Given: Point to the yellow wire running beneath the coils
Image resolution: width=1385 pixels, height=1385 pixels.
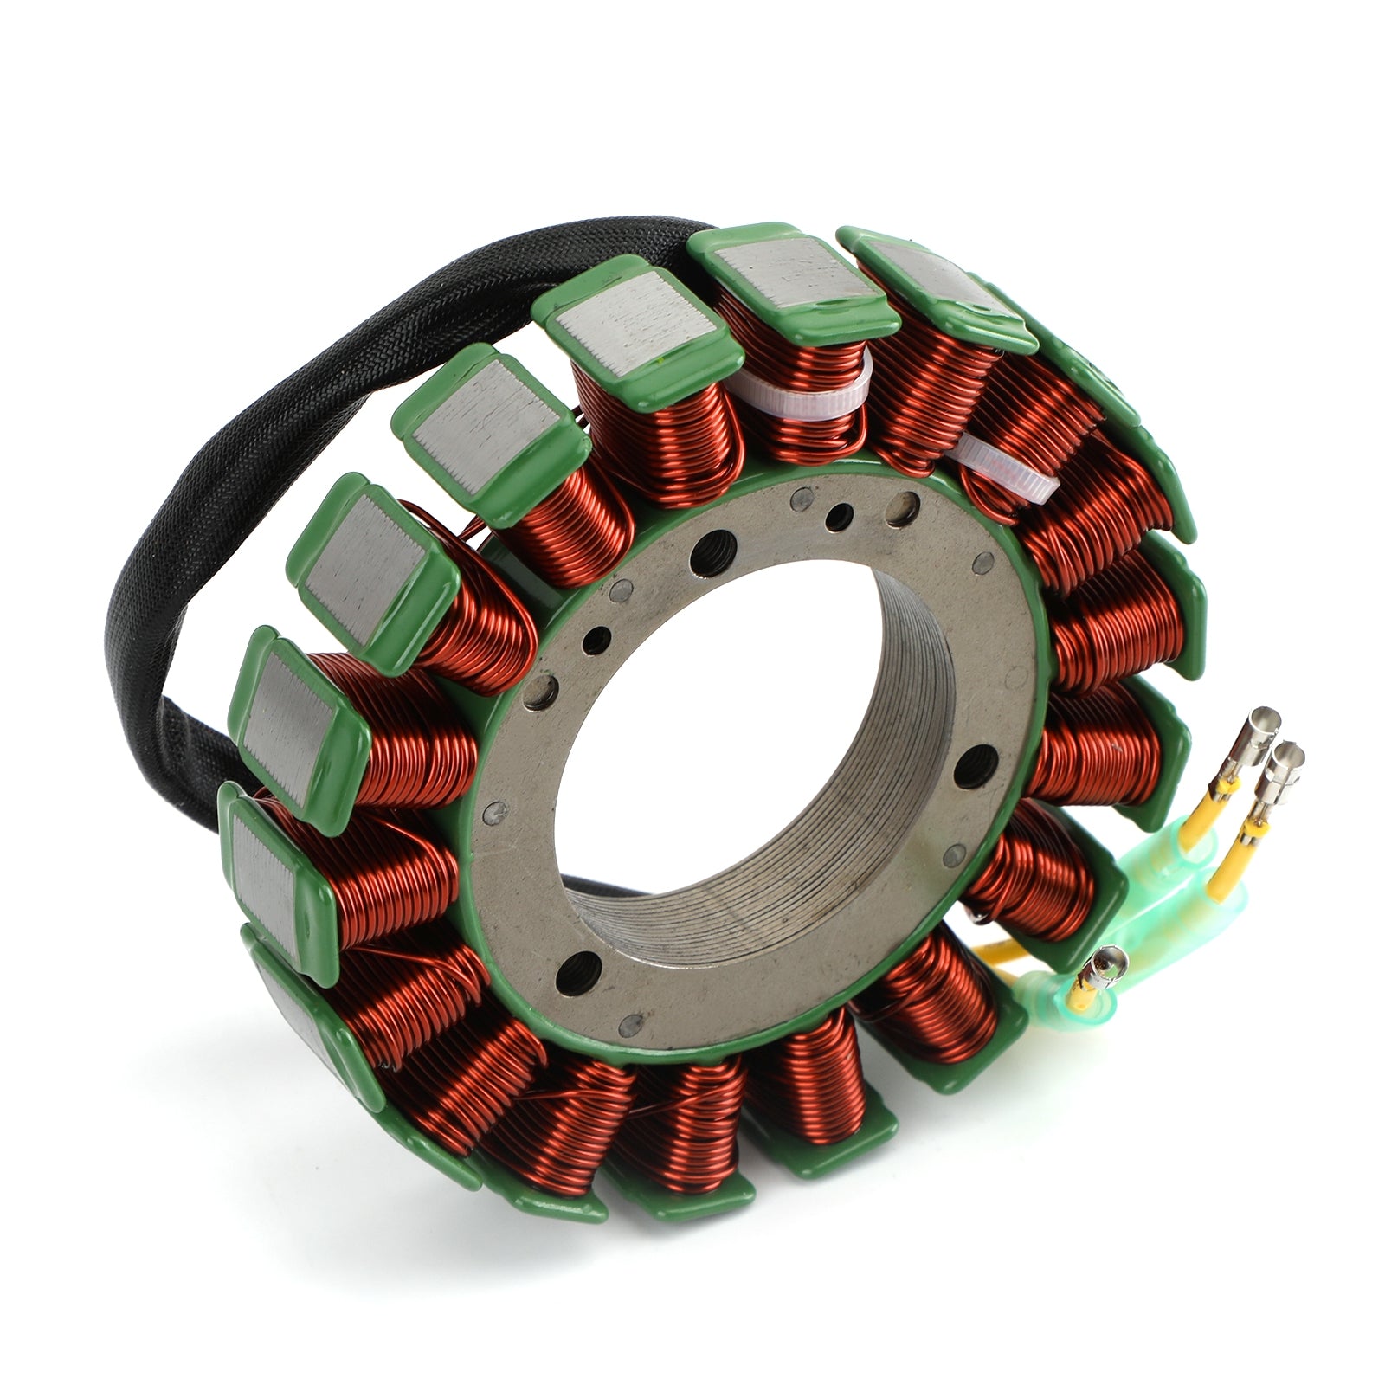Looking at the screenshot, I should [995, 952].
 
